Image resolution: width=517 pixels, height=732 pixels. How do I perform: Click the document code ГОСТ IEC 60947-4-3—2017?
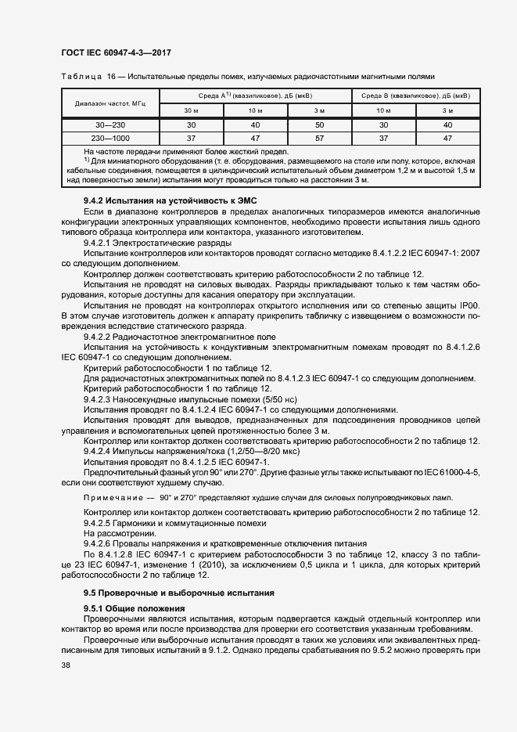115,52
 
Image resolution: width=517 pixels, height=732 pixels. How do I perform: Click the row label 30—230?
110,125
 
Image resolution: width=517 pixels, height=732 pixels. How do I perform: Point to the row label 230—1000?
110,138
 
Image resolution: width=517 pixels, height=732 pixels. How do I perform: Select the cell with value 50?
320,125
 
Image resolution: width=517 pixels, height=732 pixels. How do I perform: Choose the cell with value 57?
320,138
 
